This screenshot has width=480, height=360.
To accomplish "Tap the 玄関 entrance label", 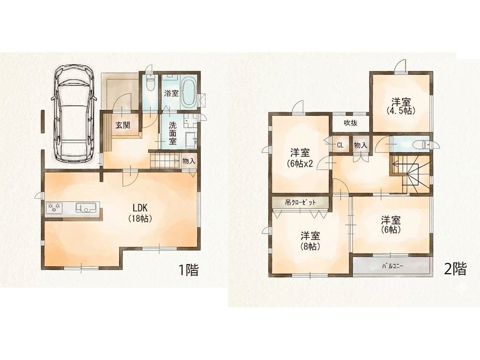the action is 123,125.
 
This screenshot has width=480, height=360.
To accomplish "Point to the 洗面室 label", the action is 172,133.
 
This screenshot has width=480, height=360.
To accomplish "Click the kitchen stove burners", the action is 54,207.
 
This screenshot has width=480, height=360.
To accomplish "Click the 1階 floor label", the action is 188,270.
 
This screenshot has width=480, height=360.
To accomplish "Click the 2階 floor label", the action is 455,269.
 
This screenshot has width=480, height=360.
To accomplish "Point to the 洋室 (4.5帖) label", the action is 401,106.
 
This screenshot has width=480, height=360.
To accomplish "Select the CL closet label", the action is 340,145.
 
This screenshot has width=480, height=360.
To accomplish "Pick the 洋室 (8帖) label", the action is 310,241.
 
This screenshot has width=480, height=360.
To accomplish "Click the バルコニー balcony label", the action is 392,266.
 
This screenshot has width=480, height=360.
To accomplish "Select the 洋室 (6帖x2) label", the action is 300,158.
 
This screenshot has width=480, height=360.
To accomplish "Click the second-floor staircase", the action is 410,173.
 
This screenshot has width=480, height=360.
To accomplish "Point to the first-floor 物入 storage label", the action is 188,161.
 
